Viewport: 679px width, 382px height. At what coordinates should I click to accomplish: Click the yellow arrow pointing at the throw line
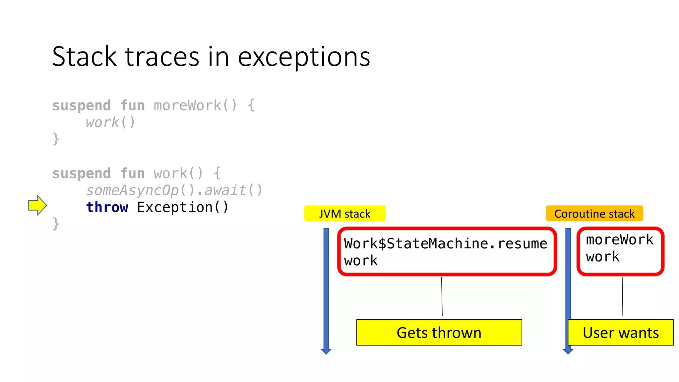(x=37, y=205)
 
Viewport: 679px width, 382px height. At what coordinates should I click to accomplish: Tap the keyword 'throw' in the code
(x=107, y=207)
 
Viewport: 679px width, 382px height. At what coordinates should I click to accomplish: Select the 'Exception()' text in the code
(x=183, y=207)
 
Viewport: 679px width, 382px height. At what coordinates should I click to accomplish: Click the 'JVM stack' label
(x=344, y=214)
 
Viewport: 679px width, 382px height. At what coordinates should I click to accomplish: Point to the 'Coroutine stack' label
(x=594, y=214)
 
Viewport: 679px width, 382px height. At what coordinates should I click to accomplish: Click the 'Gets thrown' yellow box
(x=439, y=333)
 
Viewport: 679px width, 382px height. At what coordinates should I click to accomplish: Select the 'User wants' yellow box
(x=621, y=333)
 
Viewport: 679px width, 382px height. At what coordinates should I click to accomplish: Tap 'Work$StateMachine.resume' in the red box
(x=445, y=244)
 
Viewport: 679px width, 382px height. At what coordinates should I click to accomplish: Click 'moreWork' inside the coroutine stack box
(x=619, y=240)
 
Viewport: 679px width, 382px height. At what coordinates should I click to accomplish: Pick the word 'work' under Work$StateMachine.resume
(x=361, y=261)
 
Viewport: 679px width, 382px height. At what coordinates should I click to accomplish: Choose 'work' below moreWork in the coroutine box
(x=602, y=257)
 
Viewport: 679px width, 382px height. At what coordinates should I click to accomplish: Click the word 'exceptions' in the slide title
(x=304, y=57)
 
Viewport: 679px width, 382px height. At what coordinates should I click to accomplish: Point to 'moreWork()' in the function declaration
(x=195, y=105)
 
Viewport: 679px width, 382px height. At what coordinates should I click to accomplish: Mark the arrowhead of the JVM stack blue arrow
(x=326, y=351)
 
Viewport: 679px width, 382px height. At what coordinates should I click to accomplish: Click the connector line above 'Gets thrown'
(x=442, y=296)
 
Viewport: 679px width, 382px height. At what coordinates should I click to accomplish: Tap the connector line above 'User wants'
(x=622, y=296)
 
